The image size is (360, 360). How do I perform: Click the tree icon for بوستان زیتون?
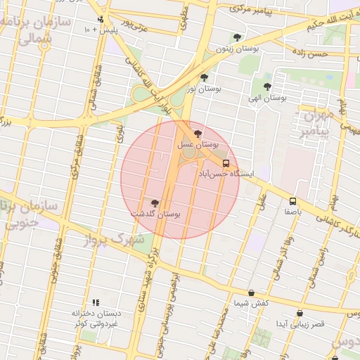pos(237,38)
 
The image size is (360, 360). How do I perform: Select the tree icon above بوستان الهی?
pos(267,86)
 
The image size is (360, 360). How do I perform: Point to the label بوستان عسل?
pos(198,143)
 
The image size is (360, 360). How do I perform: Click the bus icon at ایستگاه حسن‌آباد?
pos(225,162)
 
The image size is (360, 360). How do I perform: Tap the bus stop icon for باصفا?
pos(292,201)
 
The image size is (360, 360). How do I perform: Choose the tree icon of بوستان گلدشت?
pos(155,202)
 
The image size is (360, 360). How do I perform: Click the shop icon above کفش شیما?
pos(251,292)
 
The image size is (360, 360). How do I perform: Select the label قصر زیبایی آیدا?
pos(300,323)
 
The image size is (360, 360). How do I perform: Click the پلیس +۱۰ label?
pos(96,30)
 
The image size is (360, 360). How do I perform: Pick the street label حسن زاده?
pos(310,53)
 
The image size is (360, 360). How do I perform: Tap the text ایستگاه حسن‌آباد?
pos(219,172)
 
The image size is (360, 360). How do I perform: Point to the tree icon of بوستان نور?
pos(204,78)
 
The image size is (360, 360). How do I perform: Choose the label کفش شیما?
pos(251,302)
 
